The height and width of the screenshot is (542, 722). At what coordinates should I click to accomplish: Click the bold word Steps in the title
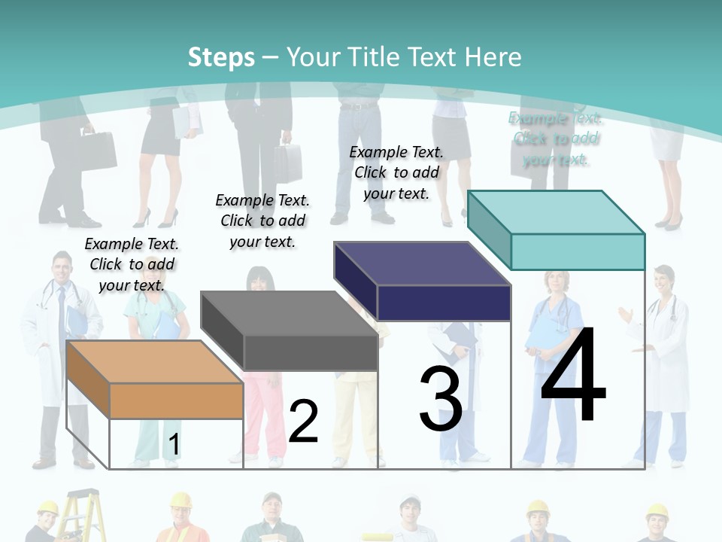[220, 57]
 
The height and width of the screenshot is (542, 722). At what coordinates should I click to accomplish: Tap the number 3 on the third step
[440, 398]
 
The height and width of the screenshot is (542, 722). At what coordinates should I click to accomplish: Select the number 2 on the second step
[303, 421]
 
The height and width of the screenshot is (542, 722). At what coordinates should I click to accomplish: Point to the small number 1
[174, 445]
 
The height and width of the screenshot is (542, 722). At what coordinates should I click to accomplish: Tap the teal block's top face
[556, 212]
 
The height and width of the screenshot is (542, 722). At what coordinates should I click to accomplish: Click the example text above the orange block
[132, 264]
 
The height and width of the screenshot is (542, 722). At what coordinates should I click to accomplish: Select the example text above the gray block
[262, 221]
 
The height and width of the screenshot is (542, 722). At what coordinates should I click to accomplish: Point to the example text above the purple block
[396, 172]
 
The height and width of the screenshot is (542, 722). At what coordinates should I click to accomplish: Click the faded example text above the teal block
[555, 139]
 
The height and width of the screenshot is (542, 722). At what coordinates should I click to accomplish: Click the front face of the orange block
[176, 400]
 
